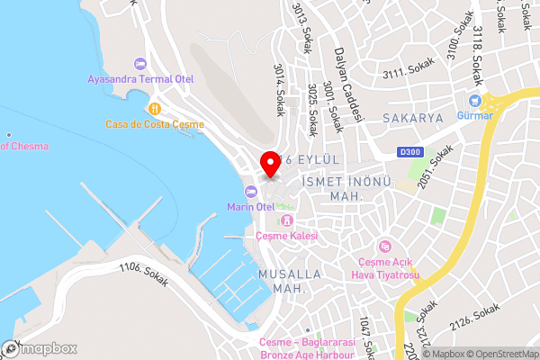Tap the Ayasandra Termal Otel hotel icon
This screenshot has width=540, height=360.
click(139, 63)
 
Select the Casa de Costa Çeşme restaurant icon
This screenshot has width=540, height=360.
click(155, 109)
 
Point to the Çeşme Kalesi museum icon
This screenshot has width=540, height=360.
click(287, 220)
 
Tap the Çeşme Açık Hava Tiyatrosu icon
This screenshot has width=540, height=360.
click(385, 245)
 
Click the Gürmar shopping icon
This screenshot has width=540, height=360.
click(474, 100)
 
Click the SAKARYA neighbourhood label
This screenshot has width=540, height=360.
click(413, 118)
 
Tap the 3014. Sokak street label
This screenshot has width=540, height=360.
click(280, 86)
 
